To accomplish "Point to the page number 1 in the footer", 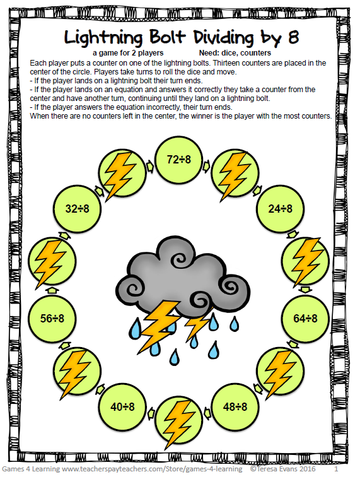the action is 337,470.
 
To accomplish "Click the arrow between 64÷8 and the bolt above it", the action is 305,289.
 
